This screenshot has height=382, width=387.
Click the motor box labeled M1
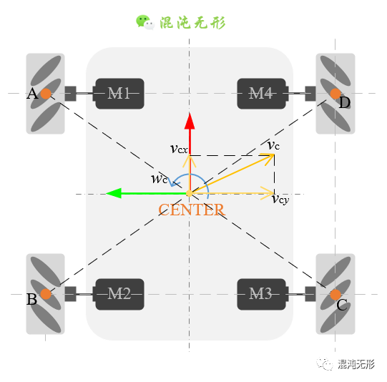tap(119, 94)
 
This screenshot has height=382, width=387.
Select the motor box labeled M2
tap(119, 294)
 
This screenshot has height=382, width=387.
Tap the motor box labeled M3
tap(262, 294)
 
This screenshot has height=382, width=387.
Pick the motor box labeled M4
tap(262, 94)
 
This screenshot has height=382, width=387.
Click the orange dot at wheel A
tap(46, 94)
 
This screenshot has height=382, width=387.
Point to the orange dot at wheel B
tap(46, 294)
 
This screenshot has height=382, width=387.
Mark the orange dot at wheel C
tap(335, 295)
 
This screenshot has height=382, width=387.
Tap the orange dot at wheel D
tap(335, 94)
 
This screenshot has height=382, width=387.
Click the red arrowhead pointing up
tap(190, 121)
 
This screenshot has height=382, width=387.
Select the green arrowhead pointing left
tap(114, 193)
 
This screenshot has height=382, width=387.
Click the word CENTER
tap(192, 210)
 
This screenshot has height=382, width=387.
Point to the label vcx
tap(179, 149)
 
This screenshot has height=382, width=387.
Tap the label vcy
tap(280, 199)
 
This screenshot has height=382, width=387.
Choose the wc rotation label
tap(160, 179)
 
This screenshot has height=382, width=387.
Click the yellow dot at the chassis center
tap(190, 193)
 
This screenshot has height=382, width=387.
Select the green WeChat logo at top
tap(145, 22)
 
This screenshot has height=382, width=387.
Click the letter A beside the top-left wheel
tap(32, 94)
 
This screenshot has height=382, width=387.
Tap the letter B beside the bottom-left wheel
tap(31, 299)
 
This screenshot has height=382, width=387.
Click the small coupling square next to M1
tap(71, 94)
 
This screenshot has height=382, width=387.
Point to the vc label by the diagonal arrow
tap(273, 145)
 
